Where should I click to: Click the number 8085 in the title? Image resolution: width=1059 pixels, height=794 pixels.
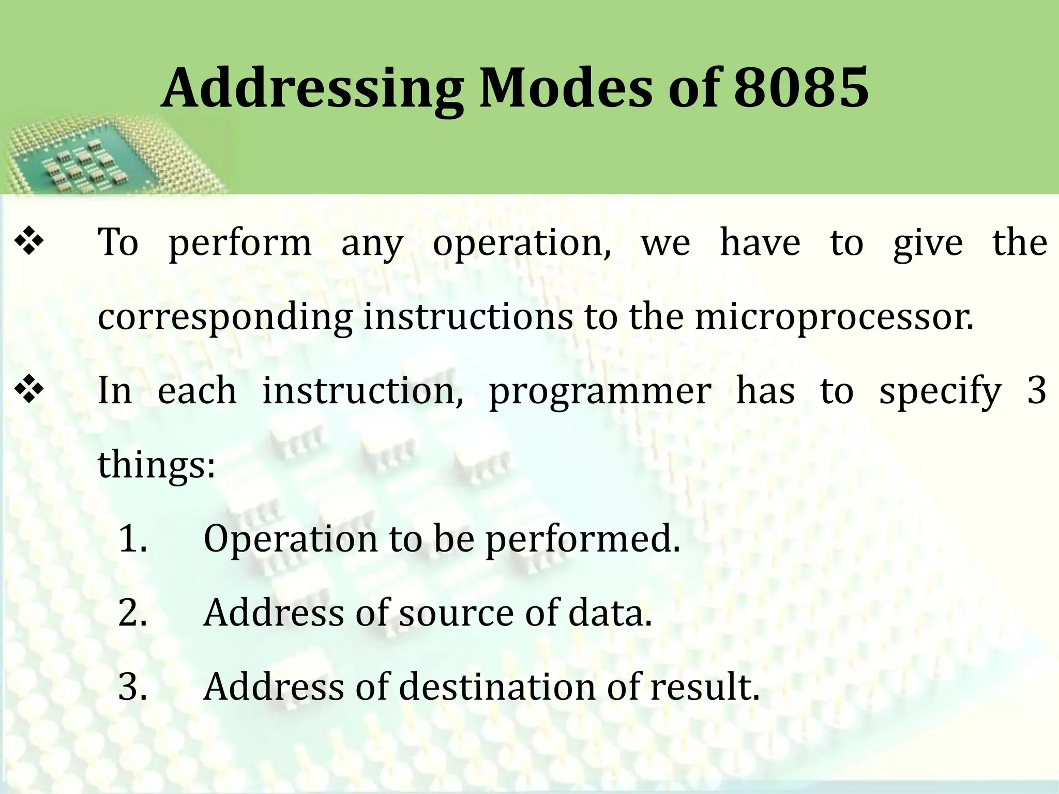pyautogui.click(x=801, y=88)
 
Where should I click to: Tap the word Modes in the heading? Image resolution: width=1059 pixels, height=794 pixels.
pyautogui.click(x=566, y=88)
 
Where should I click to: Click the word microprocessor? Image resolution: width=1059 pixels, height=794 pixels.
pyautogui.click(x=834, y=316)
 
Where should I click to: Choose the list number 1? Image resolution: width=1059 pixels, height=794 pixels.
pyautogui.click(x=132, y=539)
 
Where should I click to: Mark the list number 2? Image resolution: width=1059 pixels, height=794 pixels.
pyautogui.click(x=132, y=613)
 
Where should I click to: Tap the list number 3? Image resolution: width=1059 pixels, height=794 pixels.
pyautogui.click(x=132, y=687)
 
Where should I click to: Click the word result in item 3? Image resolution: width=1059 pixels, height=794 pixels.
pyautogui.click(x=704, y=687)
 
